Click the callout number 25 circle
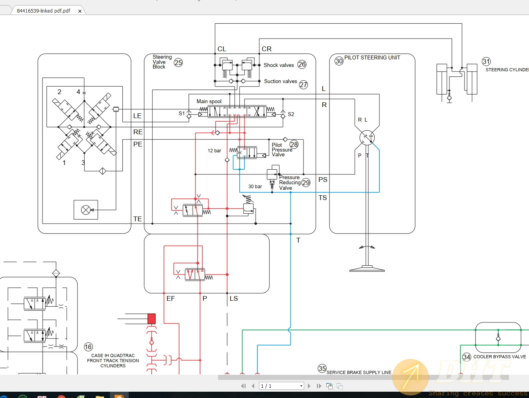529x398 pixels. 178,63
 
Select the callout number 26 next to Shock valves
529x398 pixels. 302,65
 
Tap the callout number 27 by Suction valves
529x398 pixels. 303,85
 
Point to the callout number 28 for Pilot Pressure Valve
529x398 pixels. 294,144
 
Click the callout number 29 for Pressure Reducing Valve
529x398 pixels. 306,183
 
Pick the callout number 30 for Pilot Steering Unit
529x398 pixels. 339,61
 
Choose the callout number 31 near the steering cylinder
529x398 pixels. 486,61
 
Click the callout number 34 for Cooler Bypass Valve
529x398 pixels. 466,357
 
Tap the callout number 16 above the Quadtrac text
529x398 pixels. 88,347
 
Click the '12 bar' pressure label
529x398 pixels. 214,151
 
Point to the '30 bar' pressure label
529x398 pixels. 255,187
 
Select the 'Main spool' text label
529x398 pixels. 209,102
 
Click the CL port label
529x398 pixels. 222,49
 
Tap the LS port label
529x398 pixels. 234,299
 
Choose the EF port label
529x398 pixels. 170,299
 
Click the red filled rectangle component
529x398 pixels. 152,318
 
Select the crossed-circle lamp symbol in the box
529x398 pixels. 86,210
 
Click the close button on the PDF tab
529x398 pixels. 80,11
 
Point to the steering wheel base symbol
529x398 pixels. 367,269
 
